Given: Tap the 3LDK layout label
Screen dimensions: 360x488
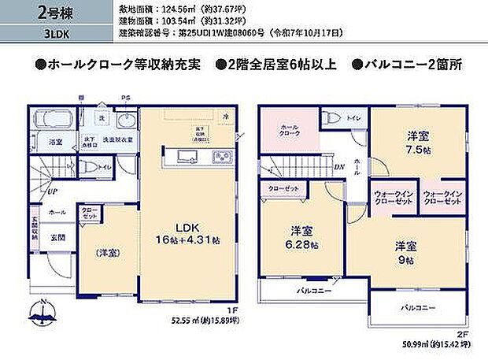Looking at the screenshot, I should (34, 35).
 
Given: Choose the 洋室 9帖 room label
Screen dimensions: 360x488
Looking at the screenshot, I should (405, 252).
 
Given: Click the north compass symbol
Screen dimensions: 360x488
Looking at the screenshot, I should (45, 314).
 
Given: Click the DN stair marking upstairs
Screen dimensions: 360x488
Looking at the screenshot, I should (339, 168).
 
